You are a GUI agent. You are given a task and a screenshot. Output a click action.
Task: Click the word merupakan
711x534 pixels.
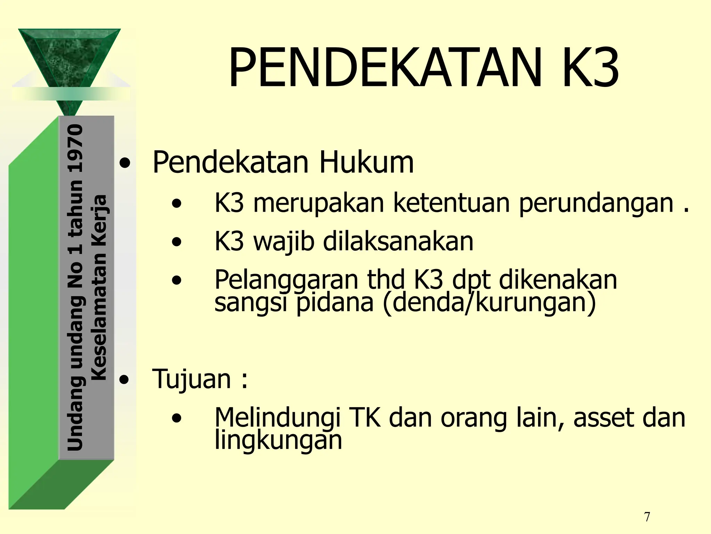[318, 203]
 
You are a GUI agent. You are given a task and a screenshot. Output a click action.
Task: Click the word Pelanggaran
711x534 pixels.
[286, 280]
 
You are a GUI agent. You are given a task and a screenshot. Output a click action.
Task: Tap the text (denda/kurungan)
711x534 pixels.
[489, 302]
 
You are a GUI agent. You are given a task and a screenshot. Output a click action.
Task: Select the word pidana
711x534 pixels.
[335, 302]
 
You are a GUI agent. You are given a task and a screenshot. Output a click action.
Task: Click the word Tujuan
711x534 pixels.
[191, 379]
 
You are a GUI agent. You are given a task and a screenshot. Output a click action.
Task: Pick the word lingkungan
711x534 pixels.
[278, 441]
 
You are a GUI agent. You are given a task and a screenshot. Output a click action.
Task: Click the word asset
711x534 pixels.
[604, 417]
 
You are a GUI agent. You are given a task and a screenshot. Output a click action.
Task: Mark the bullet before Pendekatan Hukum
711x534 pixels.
[125, 163]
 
